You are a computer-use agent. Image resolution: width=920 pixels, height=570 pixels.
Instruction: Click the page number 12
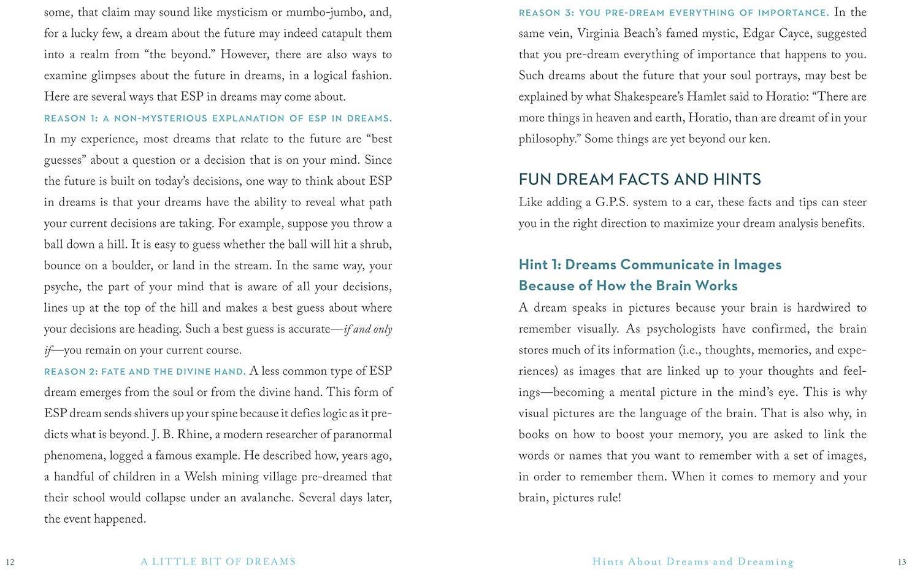pos(10,562)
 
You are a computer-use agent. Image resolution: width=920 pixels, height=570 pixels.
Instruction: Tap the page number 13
pos(902,562)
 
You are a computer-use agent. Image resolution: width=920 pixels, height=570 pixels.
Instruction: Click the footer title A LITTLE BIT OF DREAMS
pos(218,561)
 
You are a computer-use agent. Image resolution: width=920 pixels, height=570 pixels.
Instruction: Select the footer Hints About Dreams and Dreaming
pos(693,561)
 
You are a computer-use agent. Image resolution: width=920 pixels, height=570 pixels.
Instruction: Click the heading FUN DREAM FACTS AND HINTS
pos(640,179)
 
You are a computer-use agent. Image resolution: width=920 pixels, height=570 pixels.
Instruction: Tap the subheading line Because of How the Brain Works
pos(628,286)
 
